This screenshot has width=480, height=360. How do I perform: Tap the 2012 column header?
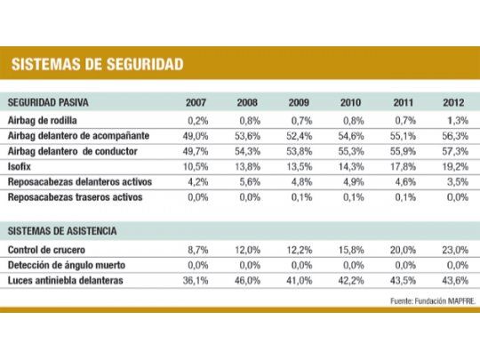coord(452,102)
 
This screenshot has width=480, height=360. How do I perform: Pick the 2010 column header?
coord(351,102)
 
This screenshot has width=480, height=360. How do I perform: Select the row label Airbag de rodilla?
coord(44,119)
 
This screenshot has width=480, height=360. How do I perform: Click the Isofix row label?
coord(21,166)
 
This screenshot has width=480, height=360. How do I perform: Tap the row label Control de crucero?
coord(48,250)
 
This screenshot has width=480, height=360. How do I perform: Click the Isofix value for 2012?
coord(454,166)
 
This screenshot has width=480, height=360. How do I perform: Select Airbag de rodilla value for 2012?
coord(456,119)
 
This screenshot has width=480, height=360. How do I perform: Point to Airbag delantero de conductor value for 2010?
coord(352,151)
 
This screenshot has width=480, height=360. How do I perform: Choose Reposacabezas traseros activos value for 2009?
coord(301,197)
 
